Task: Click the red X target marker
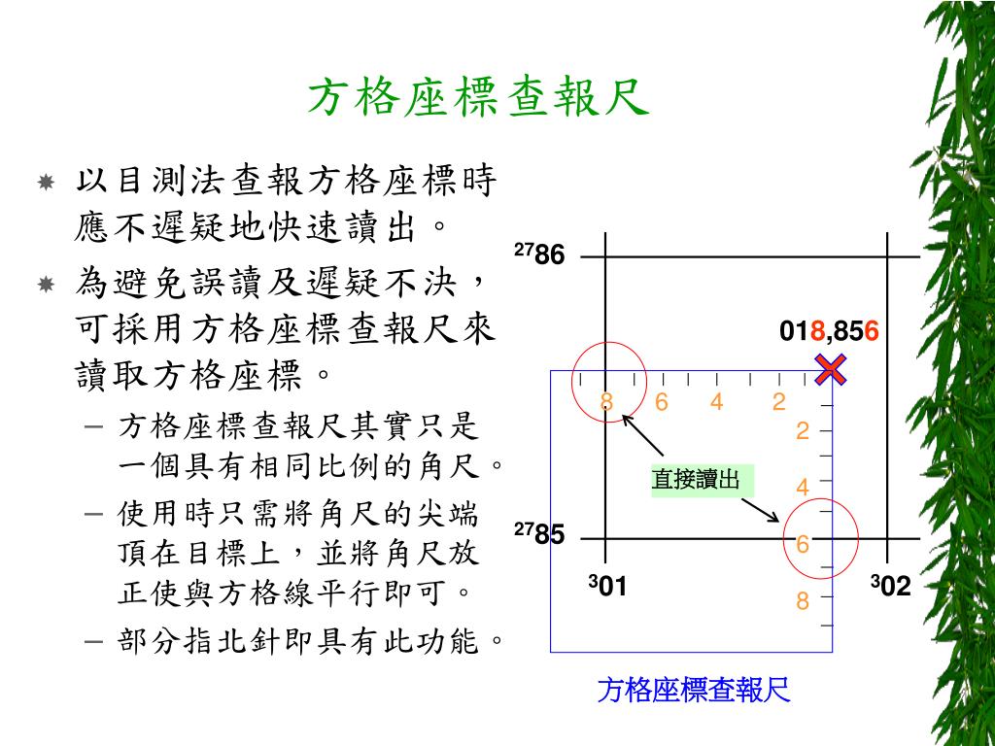831,369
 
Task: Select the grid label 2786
539,255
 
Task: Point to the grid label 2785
539,533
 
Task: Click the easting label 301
608,586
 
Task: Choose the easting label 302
890,586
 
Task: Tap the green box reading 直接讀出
696,479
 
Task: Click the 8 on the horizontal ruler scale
606,401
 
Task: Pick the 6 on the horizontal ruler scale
662,401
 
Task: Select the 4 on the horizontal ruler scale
716,401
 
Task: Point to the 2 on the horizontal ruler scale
778,401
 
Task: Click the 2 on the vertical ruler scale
803,430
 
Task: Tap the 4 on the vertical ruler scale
803,487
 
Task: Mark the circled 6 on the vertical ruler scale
803,545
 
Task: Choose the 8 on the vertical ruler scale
803,601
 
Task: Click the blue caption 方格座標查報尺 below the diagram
694,691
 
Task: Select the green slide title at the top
478,98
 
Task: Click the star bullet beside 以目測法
46,182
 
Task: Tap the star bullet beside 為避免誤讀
46,284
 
